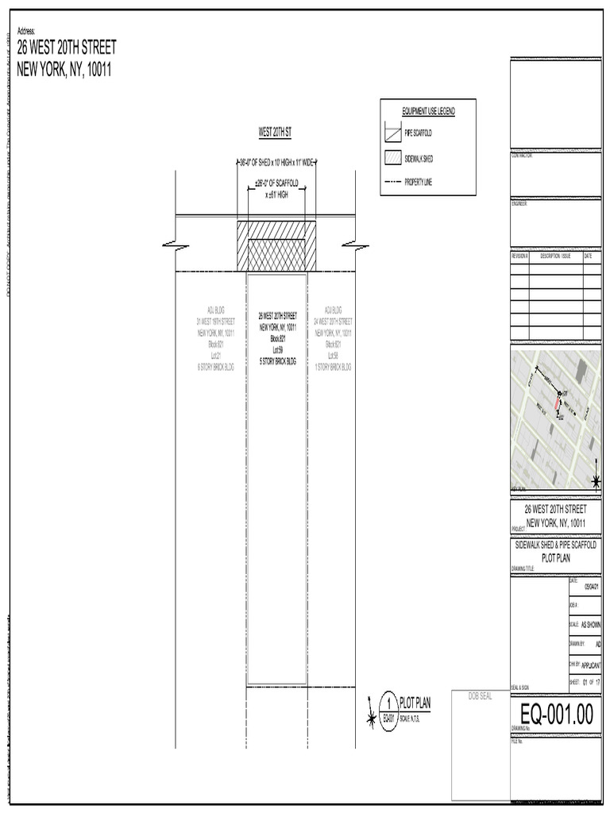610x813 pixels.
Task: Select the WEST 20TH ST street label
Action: (276, 129)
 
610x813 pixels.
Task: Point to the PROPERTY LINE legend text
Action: (419, 182)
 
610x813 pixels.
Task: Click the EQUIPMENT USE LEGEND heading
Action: (428, 111)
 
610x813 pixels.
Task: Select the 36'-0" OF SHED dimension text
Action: (277, 163)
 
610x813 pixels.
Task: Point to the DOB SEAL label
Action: (480, 695)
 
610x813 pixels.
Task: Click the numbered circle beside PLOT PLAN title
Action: (388, 703)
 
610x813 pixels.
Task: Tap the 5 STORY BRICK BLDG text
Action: (277, 360)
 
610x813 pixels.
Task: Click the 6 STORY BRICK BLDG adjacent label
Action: (216, 368)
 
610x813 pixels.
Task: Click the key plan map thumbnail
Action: (555, 419)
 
